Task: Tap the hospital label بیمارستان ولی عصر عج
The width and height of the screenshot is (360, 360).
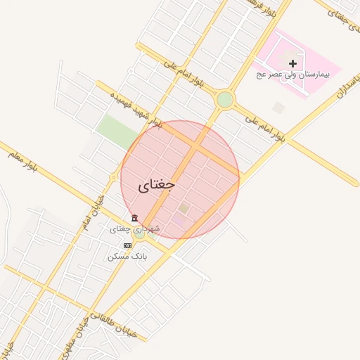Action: pos(297,74)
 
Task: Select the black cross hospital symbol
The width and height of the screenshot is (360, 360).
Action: pos(293,63)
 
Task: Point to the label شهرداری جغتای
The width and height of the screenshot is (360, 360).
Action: pos(135,229)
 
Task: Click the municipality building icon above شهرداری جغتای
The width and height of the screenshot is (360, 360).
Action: pos(134,218)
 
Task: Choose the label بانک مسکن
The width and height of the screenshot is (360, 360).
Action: pos(127,257)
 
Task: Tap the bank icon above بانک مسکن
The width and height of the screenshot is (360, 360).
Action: pos(127,245)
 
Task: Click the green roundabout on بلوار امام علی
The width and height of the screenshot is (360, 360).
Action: pos(225,99)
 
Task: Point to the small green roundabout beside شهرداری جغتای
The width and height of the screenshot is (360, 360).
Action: pos(140,234)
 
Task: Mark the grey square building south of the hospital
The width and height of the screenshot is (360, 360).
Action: pos(279,108)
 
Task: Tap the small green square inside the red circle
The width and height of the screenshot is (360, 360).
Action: pos(184,208)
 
